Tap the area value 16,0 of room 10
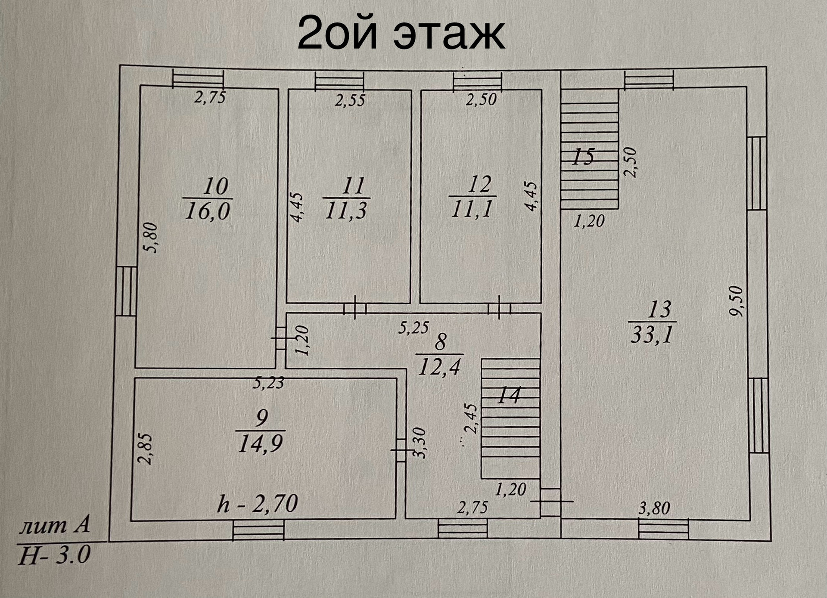pos(207,212)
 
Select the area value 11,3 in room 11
pos(346,211)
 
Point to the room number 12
pos(479,185)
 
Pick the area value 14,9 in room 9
pos(260,444)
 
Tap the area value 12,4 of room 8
pos(439,367)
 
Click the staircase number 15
pos(583,157)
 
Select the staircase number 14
pos(509,395)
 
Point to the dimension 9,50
pos(737,301)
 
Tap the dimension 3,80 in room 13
pos(654,508)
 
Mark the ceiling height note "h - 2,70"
pos(258,503)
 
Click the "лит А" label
pos(54,527)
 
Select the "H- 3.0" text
pos(54,555)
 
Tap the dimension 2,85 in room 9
pos(146,449)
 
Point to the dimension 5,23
pos(268,382)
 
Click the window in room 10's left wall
pos(126,291)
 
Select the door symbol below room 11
pos(354,308)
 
